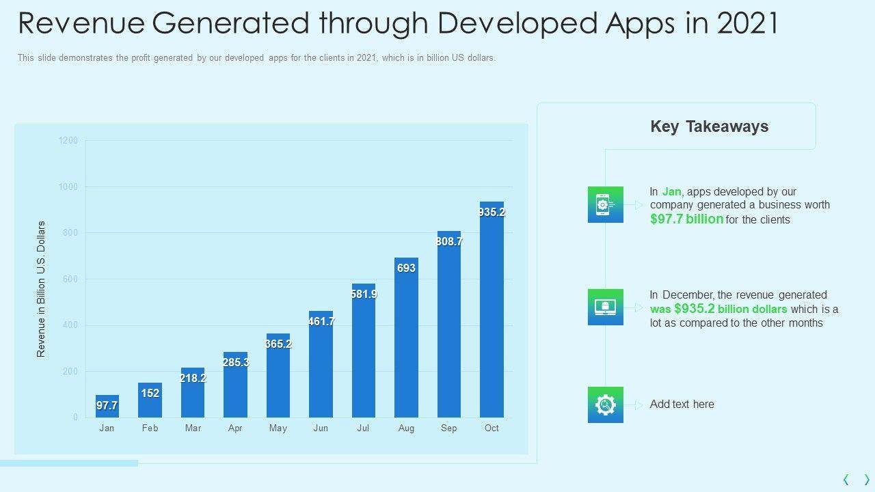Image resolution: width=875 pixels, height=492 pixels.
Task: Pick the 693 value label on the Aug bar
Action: [x=406, y=269]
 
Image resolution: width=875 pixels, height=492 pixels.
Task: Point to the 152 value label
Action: [x=150, y=394]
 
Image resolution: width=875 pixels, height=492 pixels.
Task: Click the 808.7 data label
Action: [x=449, y=242]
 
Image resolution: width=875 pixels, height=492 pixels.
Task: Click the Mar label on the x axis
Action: [x=193, y=428]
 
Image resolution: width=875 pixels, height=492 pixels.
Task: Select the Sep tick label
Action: [x=449, y=428]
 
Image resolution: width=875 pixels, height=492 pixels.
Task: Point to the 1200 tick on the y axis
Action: [x=68, y=141]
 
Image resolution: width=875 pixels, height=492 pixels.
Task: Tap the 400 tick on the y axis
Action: [x=71, y=325]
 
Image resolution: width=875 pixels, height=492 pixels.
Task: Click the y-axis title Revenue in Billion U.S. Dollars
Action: [x=41, y=289]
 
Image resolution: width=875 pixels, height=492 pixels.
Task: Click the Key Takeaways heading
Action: [x=710, y=126]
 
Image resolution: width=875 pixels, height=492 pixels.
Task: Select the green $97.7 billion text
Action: [x=686, y=219]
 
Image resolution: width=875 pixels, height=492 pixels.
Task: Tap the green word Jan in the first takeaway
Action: [x=671, y=192]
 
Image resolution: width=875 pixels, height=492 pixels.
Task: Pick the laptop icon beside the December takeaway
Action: [x=605, y=307]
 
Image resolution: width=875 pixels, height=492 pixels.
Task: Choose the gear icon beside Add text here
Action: [x=605, y=405]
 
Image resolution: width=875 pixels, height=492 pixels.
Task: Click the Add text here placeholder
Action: [x=682, y=405]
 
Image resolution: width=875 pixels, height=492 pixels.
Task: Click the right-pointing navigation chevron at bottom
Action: [x=867, y=480]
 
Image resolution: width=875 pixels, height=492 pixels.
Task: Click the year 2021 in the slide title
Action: [x=747, y=24]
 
